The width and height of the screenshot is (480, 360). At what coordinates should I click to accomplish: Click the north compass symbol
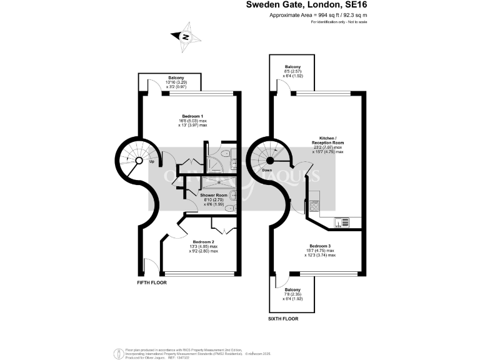(186, 37)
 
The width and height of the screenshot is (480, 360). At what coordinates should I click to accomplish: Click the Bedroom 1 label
(191, 117)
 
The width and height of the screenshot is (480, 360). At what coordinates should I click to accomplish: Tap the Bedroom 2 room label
(204, 242)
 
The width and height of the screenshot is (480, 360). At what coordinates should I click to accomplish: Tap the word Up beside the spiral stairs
(152, 162)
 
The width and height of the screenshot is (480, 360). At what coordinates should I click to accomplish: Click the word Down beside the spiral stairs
(266, 170)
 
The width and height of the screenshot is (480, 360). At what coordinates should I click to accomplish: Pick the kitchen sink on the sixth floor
(341, 221)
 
